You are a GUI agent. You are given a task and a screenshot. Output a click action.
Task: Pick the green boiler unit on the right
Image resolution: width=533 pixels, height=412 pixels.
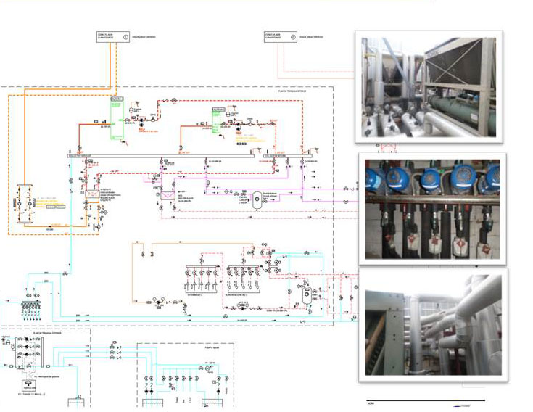click(217, 118)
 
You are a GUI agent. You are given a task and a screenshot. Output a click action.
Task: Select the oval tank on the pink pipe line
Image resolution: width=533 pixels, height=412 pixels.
click(257, 200)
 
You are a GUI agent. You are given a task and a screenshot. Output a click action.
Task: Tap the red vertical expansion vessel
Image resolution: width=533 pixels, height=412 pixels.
click(308, 294)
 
